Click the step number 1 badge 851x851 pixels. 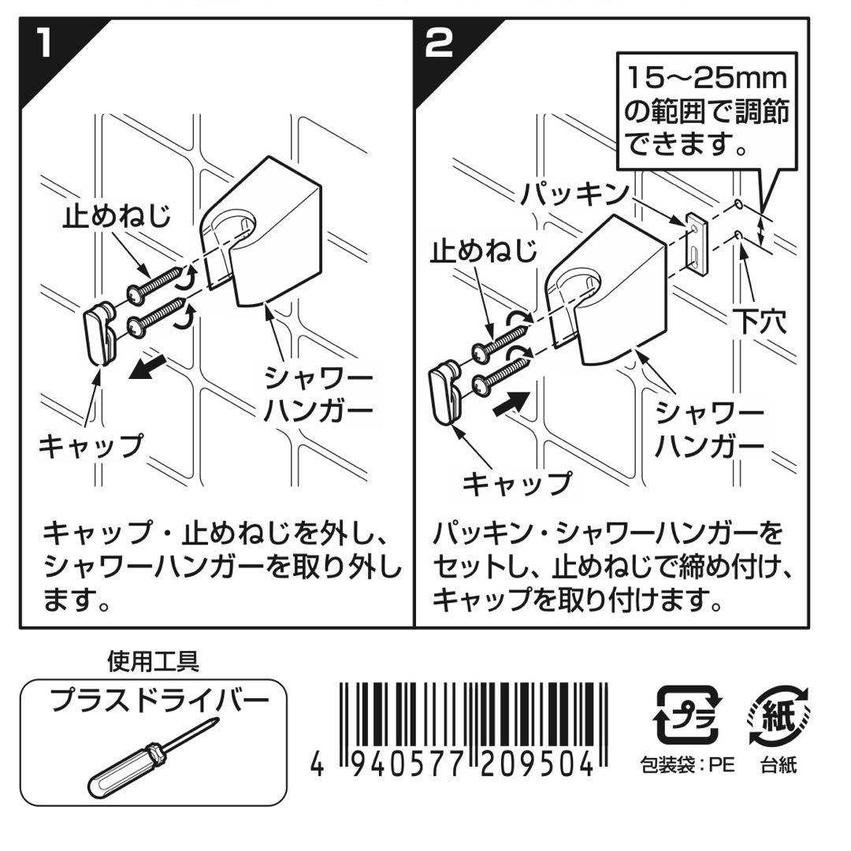43,43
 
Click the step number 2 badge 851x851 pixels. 440,43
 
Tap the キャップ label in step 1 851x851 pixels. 91,445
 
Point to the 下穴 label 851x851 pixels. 760,322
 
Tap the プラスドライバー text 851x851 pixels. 154,700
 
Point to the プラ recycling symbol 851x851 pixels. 688,715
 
